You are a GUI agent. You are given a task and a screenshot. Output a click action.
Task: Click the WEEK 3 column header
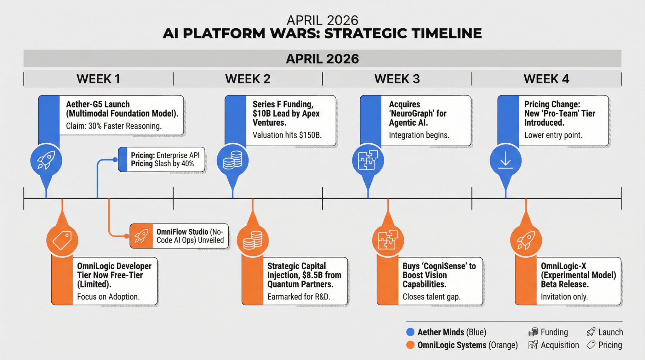(397, 79)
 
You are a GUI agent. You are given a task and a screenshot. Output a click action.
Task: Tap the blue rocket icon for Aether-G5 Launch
(46, 160)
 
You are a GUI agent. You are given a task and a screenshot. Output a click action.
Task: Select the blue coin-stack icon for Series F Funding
(232, 160)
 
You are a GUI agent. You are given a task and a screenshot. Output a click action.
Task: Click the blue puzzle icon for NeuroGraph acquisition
(368, 160)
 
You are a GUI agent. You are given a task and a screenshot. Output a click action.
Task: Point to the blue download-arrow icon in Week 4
(505, 160)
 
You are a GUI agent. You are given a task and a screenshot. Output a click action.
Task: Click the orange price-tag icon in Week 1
(62, 240)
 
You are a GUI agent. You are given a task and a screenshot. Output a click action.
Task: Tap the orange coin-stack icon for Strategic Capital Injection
(253, 240)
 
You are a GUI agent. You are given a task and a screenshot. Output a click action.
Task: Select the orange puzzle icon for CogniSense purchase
(388, 240)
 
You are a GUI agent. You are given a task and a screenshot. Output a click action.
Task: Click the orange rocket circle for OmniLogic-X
(526, 240)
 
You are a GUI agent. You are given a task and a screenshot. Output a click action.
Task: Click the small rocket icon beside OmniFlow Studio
(141, 236)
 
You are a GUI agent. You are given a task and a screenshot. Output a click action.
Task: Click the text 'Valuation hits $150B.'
(287, 135)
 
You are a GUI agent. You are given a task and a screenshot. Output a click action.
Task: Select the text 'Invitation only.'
(564, 297)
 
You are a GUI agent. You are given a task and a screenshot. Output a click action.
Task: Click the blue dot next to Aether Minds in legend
(410, 332)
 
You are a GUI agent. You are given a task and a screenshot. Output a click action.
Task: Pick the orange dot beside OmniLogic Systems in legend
(410, 345)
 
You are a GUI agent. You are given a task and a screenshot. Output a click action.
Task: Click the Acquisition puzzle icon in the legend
(533, 345)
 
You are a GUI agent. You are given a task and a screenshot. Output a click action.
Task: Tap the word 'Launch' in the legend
(610, 332)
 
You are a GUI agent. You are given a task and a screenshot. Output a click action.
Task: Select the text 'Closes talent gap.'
(431, 297)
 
